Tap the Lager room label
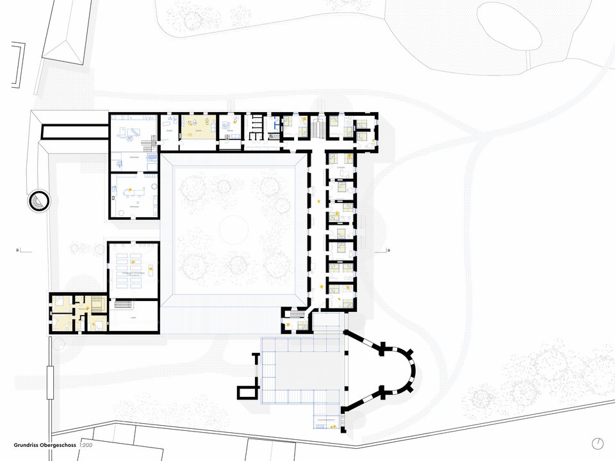(x=133, y=317)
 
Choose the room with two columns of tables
(x=133, y=264)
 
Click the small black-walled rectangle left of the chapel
(x=246, y=393)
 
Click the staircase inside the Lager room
(x=124, y=305)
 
